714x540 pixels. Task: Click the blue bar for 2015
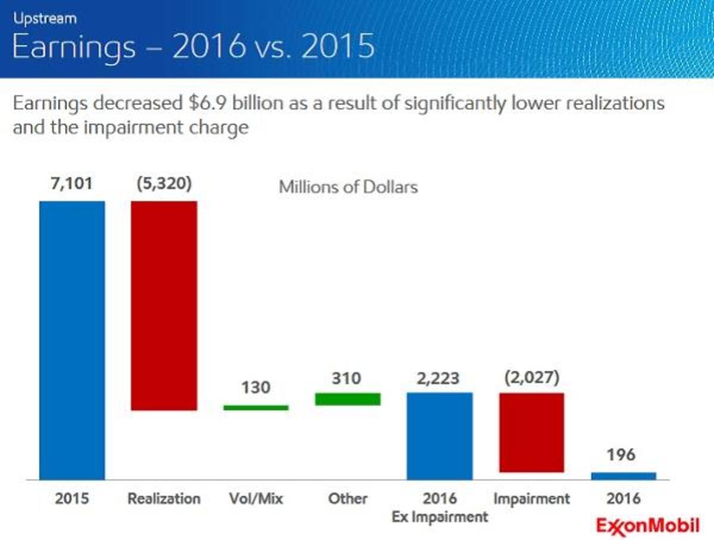tap(72, 340)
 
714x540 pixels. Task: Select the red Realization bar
tap(164, 306)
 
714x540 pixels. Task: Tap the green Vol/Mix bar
tap(256, 408)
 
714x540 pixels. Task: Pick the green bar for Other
tap(347, 399)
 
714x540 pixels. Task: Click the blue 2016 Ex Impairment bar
tap(440, 436)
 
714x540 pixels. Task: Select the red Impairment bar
tap(531, 432)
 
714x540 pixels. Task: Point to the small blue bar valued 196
tap(624, 476)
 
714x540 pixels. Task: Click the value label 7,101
tap(71, 183)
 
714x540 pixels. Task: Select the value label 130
tap(256, 388)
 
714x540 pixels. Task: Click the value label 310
tap(347, 378)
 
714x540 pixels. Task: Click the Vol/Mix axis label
tap(256, 498)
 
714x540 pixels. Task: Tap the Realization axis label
tap(164, 498)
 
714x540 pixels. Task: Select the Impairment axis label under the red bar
tap(531, 498)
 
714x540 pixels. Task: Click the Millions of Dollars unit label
tap(348, 187)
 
